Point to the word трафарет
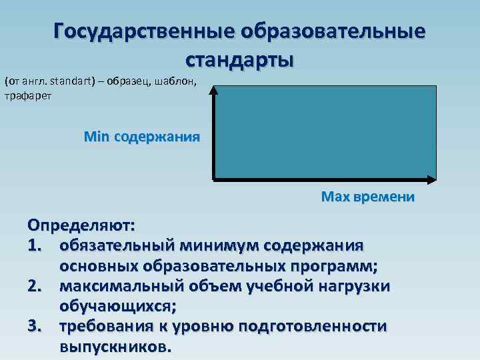click(27, 95)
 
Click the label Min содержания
click(141, 137)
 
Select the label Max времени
click(367, 197)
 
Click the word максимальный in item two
click(117, 286)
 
